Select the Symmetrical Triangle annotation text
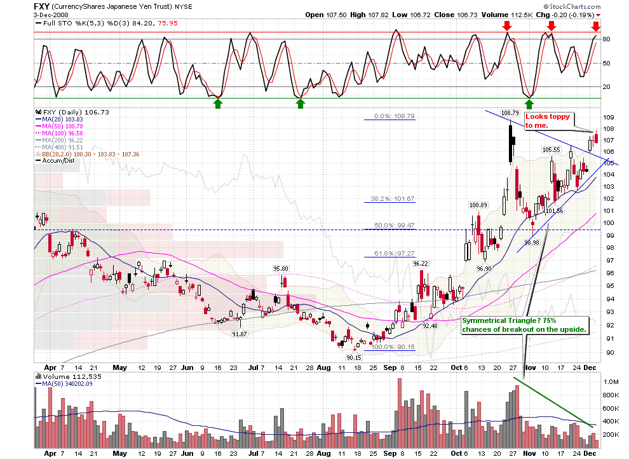(525, 325)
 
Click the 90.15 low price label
(354, 357)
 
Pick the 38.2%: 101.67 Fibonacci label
(389, 198)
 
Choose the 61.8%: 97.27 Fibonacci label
(389, 253)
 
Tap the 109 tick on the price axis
(607, 118)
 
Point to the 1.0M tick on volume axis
(611, 382)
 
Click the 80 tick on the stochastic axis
(606, 39)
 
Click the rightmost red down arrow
(595, 26)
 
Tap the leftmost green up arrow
(218, 103)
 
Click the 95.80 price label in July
(281, 268)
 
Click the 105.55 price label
(550, 149)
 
